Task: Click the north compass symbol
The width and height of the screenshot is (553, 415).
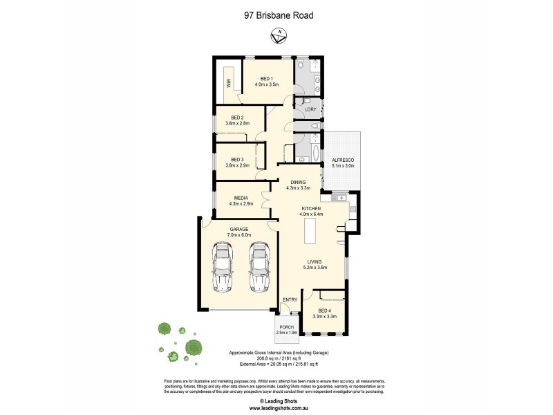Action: coord(279,33)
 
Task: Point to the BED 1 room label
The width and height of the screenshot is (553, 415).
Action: coord(267,78)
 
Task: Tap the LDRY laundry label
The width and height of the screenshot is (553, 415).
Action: coord(310,109)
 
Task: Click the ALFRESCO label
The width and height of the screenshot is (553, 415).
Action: coord(344,160)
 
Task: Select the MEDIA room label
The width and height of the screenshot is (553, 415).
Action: coord(241,197)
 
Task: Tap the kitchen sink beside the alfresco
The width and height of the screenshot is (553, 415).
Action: coord(340,199)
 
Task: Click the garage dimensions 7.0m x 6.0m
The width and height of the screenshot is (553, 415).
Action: coord(239,235)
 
